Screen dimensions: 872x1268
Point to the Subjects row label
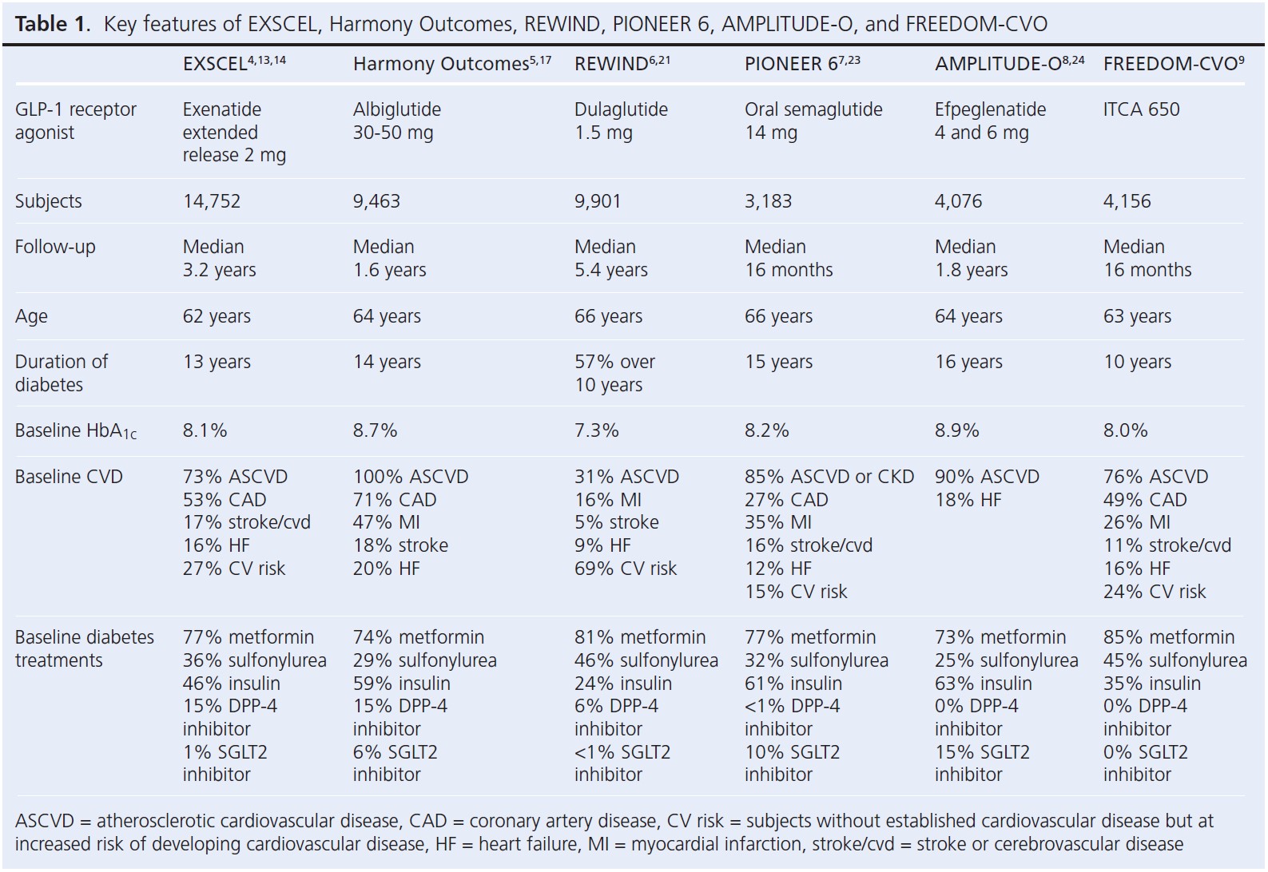click(x=48, y=201)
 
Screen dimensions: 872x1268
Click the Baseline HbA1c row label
click(x=75, y=431)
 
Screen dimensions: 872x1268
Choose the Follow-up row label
click(x=54, y=247)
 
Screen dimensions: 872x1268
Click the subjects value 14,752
click(x=211, y=201)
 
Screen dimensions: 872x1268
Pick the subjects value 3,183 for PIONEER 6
click(x=768, y=201)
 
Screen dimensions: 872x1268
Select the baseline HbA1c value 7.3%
click(x=596, y=430)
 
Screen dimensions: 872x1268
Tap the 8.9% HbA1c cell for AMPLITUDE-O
click(x=956, y=430)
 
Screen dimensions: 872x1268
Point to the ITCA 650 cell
click(x=1141, y=109)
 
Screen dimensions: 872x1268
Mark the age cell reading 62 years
click(x=217, y=316)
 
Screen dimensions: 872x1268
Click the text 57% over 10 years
click(x=614, y=373)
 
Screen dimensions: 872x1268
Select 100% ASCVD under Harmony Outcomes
click(x=411, y=477)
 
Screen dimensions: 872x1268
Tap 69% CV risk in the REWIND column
click(x=625, y=569)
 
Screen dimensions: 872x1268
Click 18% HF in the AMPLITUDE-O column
click(x=968, y=500)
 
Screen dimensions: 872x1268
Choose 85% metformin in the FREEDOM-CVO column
click(x=1168, y=637)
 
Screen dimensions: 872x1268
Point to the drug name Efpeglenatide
click(x=990, y=109)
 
